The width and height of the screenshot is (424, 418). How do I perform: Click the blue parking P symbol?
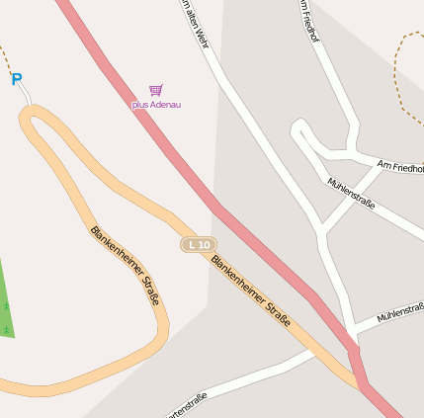[17, 79]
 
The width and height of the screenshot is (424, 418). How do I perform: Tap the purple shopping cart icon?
[155, 90]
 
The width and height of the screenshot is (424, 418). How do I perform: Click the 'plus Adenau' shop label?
[156, 104]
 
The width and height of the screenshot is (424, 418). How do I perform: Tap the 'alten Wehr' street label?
[195, 24]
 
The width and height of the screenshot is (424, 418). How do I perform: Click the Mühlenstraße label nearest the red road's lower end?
[399, 314]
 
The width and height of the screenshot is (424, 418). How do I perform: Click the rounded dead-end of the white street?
[297, 129]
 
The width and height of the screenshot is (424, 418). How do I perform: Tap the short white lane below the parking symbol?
[26, 95]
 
